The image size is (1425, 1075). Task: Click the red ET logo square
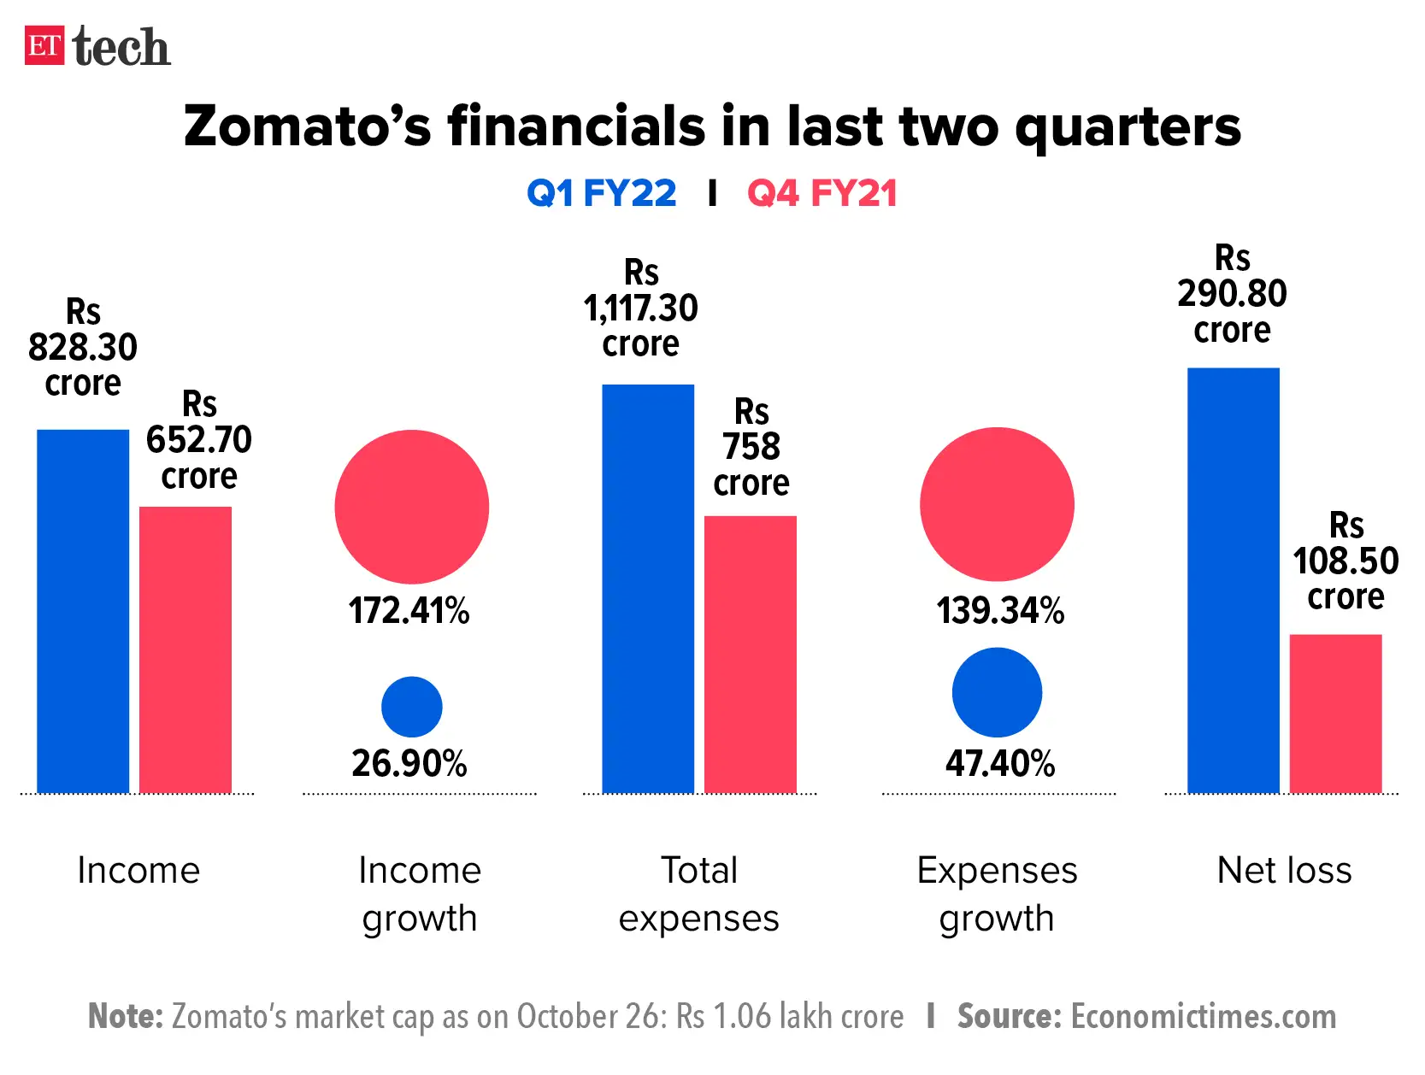tap(44, 45)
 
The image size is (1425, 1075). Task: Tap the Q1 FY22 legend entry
tap(601, 193)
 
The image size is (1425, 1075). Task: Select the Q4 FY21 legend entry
tap(821, 193)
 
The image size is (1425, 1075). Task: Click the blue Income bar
tap(83, 611)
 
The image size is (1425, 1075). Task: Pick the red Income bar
tap(185, 649)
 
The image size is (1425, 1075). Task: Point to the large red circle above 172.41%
tap(411, 507)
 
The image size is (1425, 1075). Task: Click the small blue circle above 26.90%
tap(411, 707)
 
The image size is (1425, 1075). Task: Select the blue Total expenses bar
tap(648, 589)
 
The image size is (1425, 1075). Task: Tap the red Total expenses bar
tap(750, 654)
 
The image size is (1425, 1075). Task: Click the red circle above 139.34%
tap(997, 504)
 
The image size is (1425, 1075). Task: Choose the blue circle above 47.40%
tap(997, 692)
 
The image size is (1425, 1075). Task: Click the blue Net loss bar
tap(1233, 580)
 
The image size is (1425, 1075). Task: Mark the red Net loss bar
tap(1335, 714)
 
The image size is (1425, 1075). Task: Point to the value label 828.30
tap(83, 348)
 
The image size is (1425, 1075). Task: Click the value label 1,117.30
tap(641, 308)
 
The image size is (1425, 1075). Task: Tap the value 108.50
tap(1346, 561)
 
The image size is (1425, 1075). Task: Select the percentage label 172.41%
tap(409, 611)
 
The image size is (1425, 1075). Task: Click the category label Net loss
tap(1284, 870)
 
